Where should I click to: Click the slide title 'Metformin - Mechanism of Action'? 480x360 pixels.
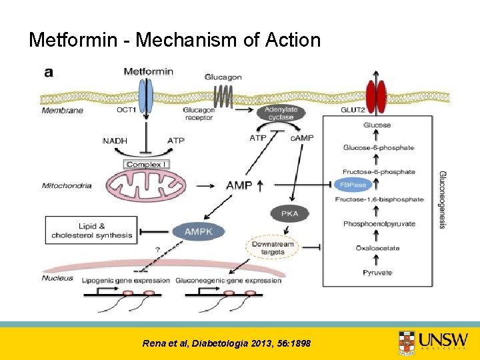click(175, 40)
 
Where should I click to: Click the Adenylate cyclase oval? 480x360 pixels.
click(281, 113)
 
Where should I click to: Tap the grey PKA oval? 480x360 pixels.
click(290, 214)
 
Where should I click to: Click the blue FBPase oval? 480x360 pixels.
click(353, 185)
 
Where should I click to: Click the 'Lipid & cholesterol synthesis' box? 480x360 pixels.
click(91, 231)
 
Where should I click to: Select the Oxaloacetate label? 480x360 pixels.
click(377, 248)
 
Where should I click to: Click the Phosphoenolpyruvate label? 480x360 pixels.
click(379, 224)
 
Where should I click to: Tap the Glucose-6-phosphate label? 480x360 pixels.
click(379, 147)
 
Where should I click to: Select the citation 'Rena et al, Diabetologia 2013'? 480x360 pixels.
click(226, 343)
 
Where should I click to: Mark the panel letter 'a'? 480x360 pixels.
click(49, 72)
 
